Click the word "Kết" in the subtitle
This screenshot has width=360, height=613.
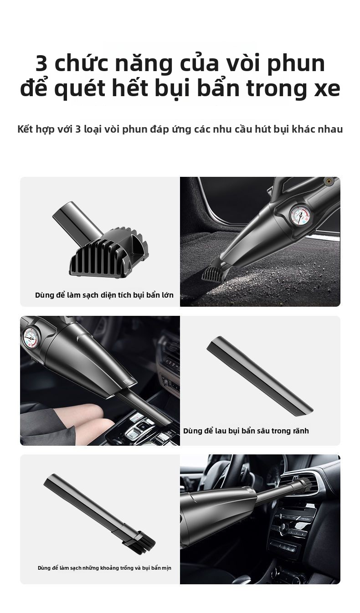(x=26, y=129)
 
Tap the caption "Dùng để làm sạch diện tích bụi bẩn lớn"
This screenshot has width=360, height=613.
(x=104, y=295)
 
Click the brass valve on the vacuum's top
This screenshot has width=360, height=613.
(x=328, y=180)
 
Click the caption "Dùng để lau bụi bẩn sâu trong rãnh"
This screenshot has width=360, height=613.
(x=246, y=431)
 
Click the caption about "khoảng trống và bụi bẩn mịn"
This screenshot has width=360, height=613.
(x=104, y=568)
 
